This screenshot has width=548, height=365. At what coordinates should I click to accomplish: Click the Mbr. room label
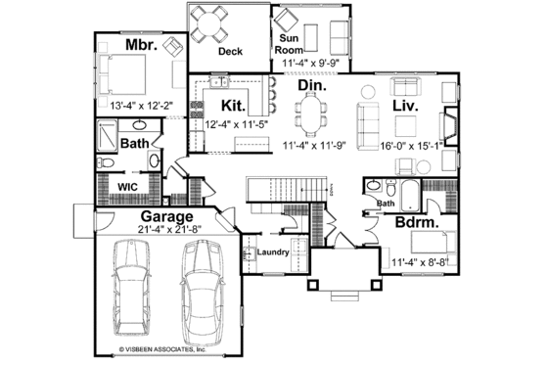click(141, 45)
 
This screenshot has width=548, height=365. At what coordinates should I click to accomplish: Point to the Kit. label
click(233, 105)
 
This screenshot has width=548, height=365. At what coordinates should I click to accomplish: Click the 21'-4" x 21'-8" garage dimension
click(167, 230)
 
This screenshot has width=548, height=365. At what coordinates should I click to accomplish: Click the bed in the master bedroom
click(121, 71)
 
